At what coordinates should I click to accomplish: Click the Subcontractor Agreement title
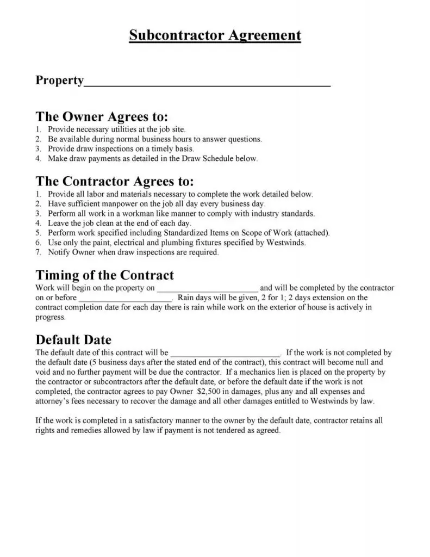tap(215, 36)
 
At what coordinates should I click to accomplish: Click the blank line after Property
tap(208, 83)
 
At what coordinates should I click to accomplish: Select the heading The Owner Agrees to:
tap(102, 117)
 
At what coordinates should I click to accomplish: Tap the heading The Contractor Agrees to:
tap(115, 181)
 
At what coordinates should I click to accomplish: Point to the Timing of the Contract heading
tap(105, 275)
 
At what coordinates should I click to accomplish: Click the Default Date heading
tap(73, 341)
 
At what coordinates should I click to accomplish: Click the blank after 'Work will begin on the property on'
tap(208, 289)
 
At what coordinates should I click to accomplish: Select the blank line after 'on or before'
tap(126, 299)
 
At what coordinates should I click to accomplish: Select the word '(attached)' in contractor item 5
tap(311, 233)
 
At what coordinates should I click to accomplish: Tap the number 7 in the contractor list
tap(38, 252)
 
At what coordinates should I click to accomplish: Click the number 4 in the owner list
tap(38, 159)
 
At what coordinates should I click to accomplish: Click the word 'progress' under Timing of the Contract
tap(49, 318)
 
